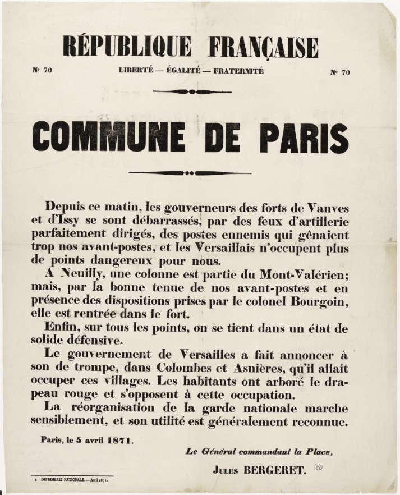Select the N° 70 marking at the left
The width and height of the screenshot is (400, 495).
point(42,70)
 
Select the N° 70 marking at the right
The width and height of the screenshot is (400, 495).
point(339,72)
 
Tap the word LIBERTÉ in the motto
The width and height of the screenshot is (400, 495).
point(135,71)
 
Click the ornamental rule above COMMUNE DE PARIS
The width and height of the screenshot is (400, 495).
point(192,91)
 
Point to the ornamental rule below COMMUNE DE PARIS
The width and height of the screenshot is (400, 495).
point(192,173)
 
